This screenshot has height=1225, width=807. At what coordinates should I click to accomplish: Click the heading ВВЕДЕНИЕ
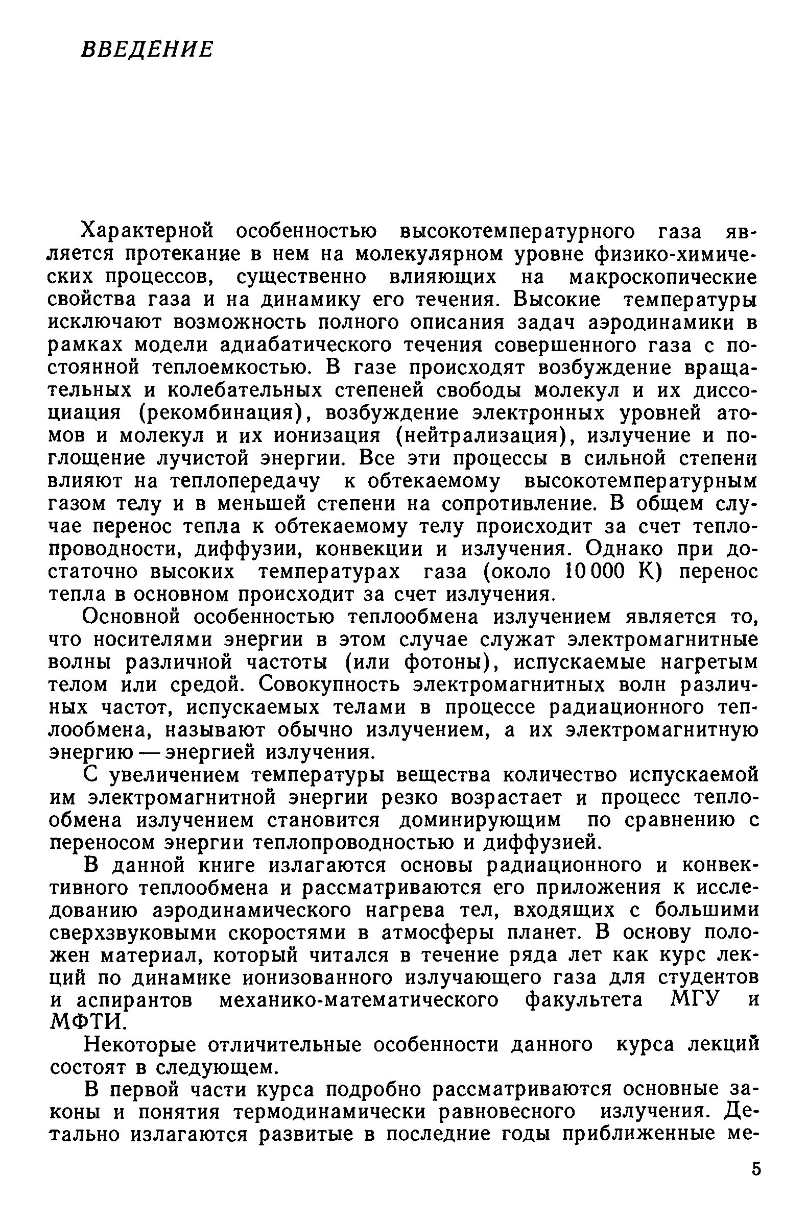point(147,50)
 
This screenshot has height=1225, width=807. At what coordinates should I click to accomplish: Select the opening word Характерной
point(148,232)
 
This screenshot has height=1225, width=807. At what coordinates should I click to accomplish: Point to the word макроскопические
point(663,277)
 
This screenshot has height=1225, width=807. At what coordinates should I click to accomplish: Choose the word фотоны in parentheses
point(446,662)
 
